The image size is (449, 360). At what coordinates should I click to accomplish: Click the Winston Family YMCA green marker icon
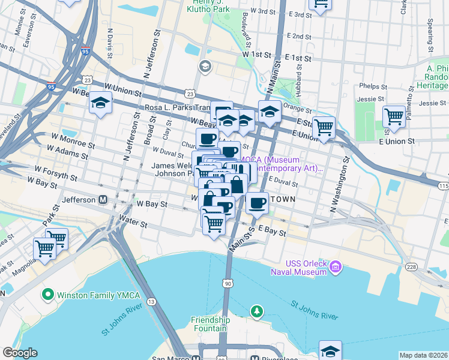coord(47,295)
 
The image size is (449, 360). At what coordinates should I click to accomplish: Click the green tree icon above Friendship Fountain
coord(257,311)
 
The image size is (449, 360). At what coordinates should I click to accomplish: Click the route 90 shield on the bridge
coord(227,283)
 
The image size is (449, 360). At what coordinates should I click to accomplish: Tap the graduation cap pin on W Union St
coord(100,103)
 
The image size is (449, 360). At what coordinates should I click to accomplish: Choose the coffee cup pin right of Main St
coord(258,202)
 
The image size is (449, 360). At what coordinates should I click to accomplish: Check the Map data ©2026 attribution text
coord(423,355)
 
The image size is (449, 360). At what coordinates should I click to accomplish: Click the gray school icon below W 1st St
coord(205,66)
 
